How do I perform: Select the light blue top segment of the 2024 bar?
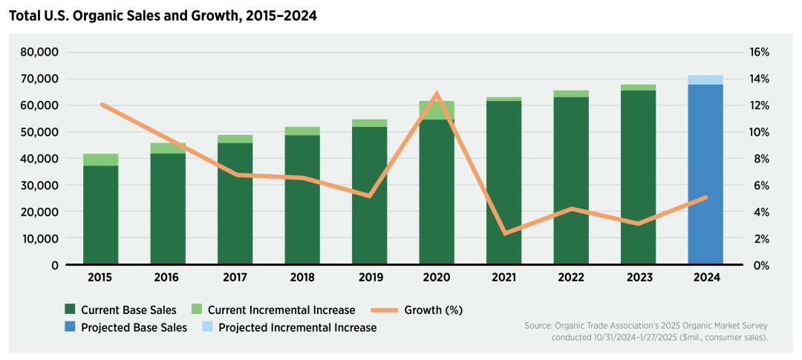click(x=705, y=79)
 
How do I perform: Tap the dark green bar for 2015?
click(x=100, y=215)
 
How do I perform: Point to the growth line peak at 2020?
click(x=437, y=94)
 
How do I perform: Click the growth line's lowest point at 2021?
click(x=504, y=234)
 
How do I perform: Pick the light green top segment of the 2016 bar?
click(x=167, y=148)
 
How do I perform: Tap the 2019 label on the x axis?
click(x=369, y=278)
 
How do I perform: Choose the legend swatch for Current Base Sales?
click(x=71, y=310)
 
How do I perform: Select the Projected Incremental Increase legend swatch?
click(x=208, y=327)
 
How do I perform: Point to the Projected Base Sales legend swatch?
click(x=71, y=327)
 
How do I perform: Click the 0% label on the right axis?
click(x=756, y=265)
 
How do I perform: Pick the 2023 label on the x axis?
click(x=639, y=278)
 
